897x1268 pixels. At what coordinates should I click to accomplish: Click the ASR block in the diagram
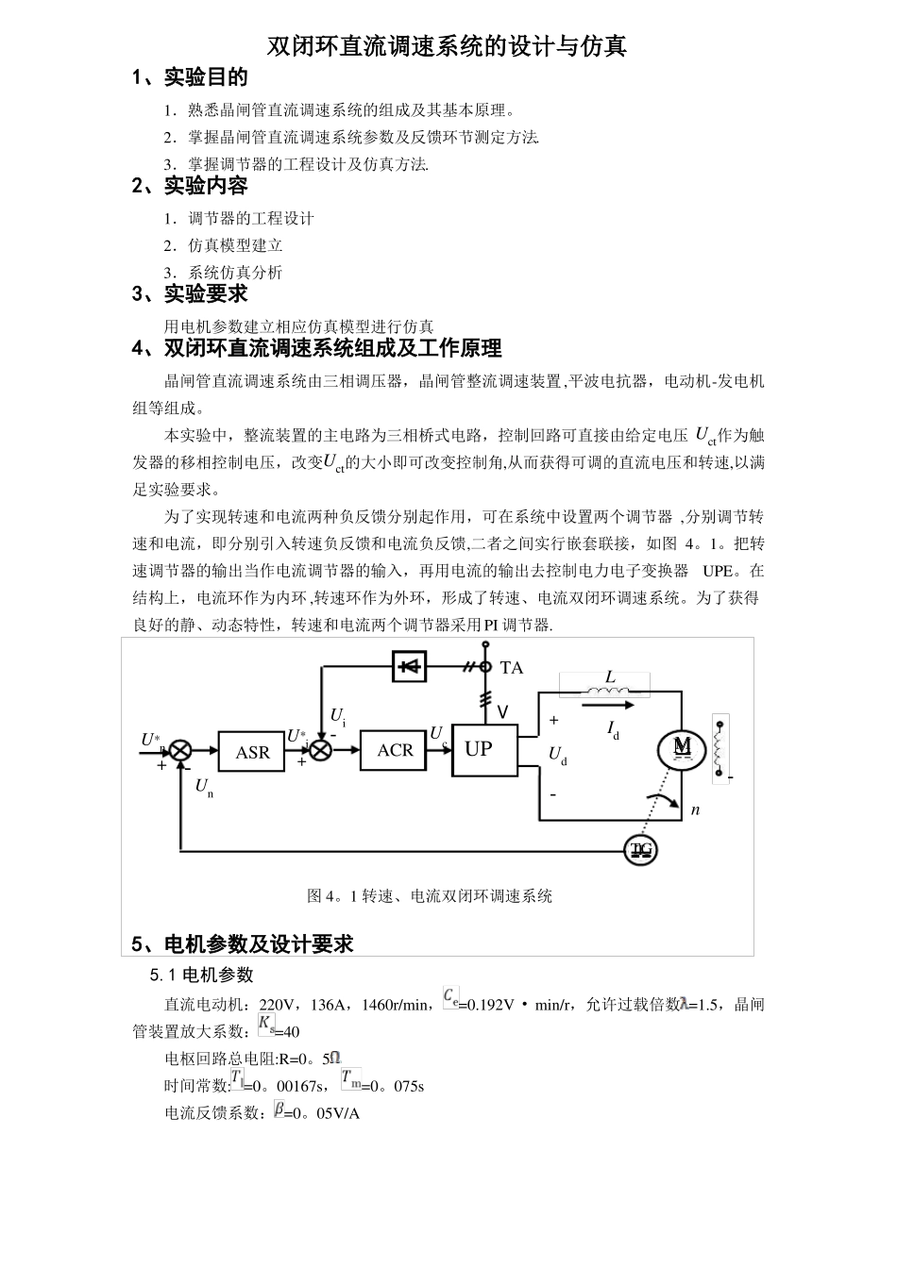(251, 752)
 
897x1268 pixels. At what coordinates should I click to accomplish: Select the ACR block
(394, 750)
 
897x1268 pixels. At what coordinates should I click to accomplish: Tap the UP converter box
(479, 749)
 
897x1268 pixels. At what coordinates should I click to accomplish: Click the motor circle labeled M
(682, 747)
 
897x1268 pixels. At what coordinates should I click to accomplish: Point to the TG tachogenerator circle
(642, 850)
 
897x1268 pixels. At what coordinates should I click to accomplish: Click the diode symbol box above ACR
(409, 666)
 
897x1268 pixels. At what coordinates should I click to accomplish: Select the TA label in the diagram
(511, 668)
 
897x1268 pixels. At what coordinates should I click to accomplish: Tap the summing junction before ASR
(179, 751)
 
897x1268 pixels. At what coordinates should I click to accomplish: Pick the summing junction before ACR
(322, 750)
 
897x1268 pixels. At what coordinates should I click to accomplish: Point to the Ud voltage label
(558, 755)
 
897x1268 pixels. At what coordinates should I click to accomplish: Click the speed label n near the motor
(695, 809)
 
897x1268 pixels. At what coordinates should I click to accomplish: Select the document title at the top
(447, 45)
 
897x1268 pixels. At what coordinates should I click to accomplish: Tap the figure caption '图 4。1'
(430, 895)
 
